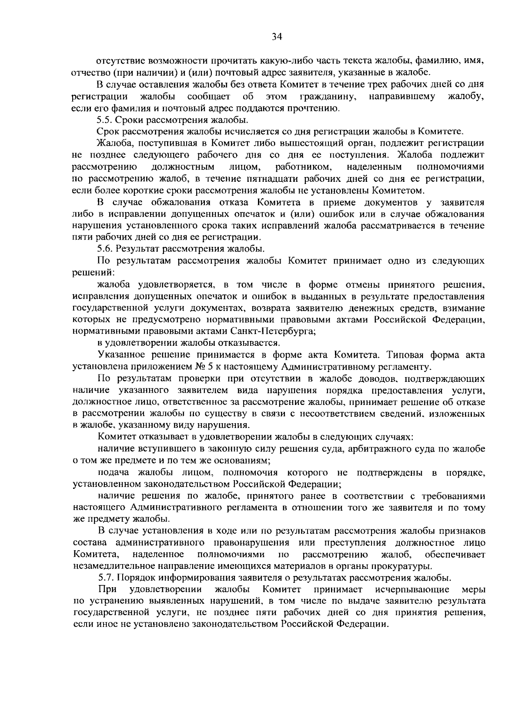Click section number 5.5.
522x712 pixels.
point(105,119)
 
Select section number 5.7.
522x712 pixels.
point(105,578)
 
